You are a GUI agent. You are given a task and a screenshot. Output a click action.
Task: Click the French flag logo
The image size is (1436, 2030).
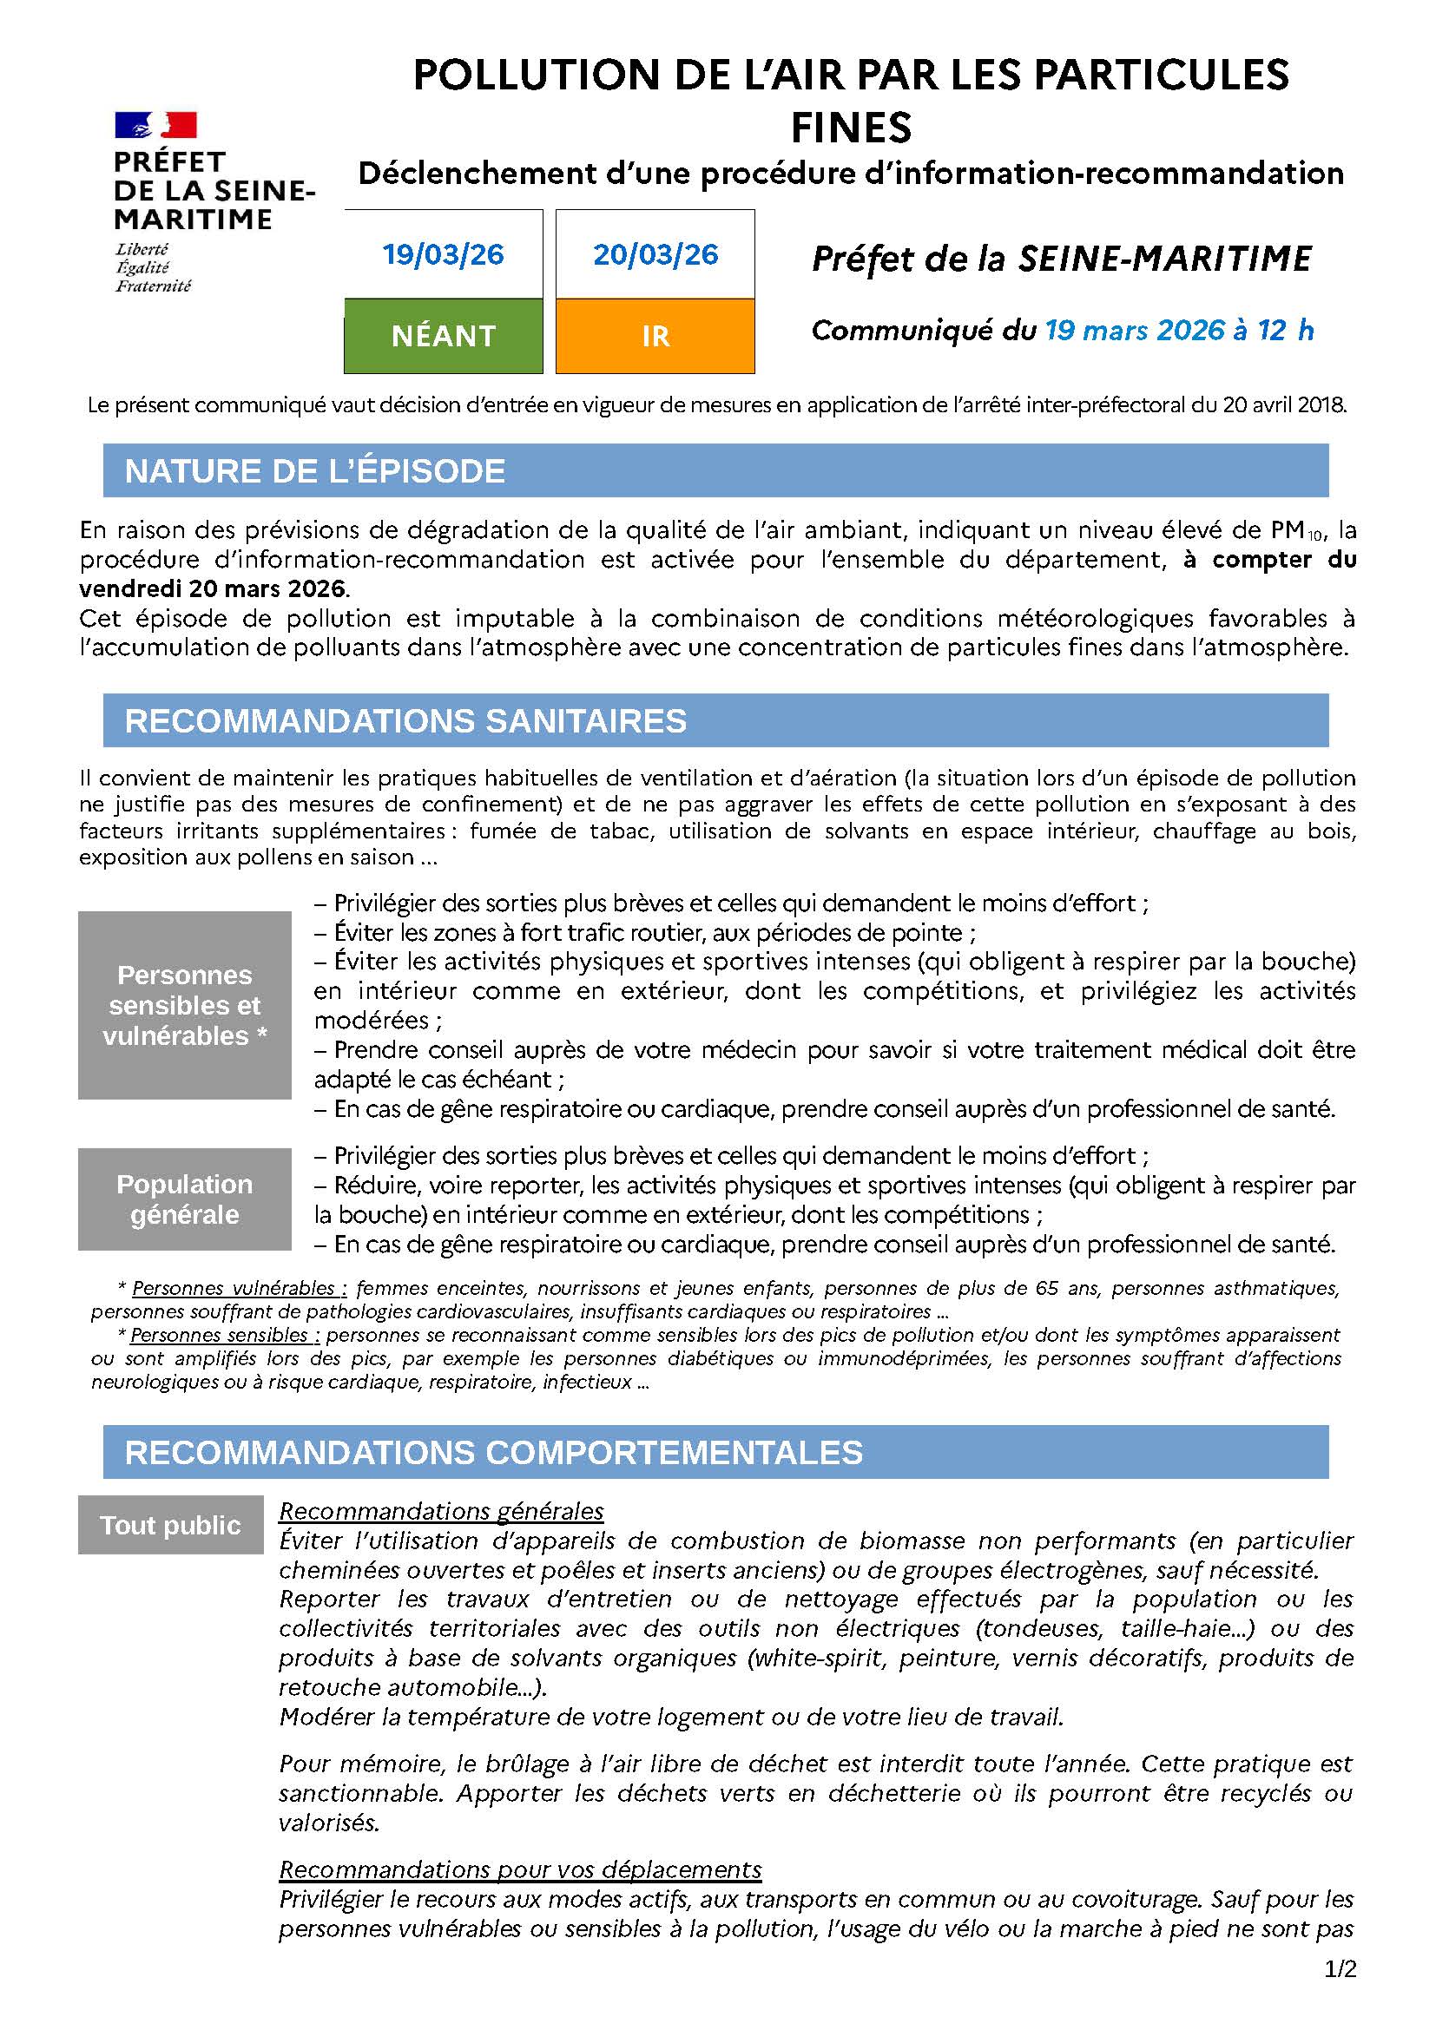155,126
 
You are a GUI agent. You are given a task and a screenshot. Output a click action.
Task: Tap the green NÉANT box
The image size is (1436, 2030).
443,336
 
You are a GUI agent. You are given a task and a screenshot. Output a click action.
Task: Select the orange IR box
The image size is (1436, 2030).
655,336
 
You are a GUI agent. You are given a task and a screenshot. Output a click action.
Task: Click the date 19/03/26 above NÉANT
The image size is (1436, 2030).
443,254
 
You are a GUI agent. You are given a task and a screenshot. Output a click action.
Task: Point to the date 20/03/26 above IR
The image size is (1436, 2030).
655,254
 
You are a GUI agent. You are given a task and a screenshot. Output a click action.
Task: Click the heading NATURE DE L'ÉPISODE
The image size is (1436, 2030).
315,471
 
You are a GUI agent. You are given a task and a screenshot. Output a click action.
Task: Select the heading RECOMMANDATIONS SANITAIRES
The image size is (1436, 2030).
405,720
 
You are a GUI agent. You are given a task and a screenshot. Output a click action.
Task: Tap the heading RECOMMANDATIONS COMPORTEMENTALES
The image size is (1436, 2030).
493,1453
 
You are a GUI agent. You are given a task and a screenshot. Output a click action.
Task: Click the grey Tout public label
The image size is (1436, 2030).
171,1525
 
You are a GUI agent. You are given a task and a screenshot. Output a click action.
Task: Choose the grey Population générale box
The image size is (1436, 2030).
185,1199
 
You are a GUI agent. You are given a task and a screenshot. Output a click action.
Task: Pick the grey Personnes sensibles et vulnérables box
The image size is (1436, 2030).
185,1005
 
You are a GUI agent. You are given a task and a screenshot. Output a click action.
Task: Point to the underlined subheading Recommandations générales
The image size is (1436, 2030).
441,1511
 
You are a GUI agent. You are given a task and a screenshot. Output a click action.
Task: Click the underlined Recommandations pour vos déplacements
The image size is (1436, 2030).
520,1869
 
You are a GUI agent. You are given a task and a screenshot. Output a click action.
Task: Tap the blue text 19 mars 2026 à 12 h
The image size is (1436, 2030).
1179,331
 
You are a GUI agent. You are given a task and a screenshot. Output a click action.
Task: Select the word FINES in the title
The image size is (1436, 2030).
851,129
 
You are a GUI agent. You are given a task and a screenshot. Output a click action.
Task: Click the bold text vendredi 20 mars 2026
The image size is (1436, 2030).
214,588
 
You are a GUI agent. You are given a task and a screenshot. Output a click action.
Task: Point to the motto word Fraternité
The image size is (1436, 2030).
153,286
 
